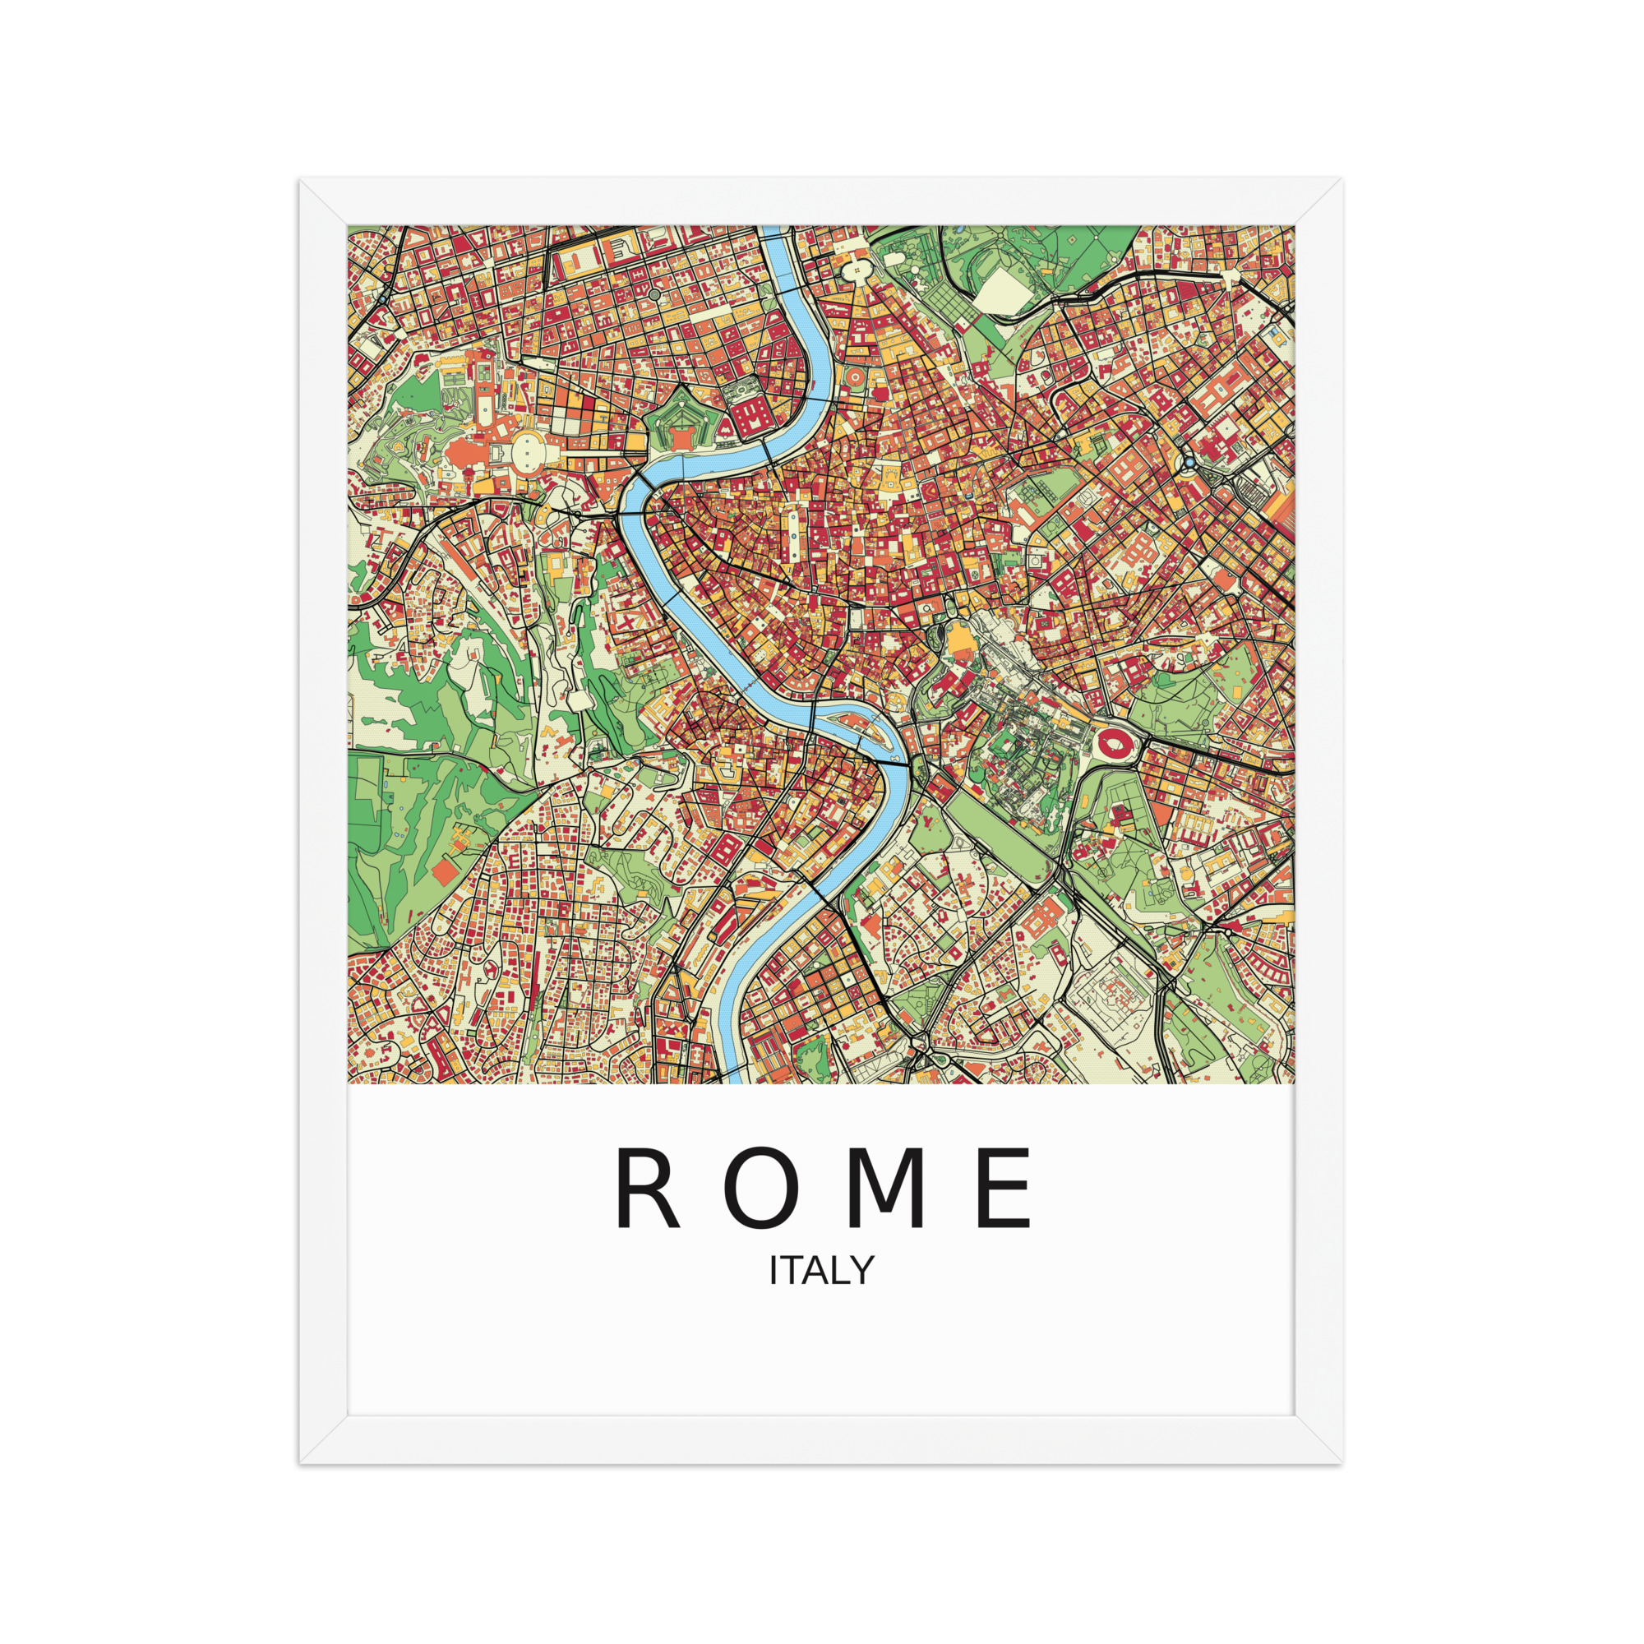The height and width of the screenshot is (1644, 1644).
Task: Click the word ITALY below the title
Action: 821,1295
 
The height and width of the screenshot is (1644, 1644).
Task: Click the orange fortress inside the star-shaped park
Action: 681,436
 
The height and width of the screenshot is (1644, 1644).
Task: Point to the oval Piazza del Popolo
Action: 855,270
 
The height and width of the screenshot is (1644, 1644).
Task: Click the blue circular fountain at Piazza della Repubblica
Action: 1188,463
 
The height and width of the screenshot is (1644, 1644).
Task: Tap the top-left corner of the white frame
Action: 301,180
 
